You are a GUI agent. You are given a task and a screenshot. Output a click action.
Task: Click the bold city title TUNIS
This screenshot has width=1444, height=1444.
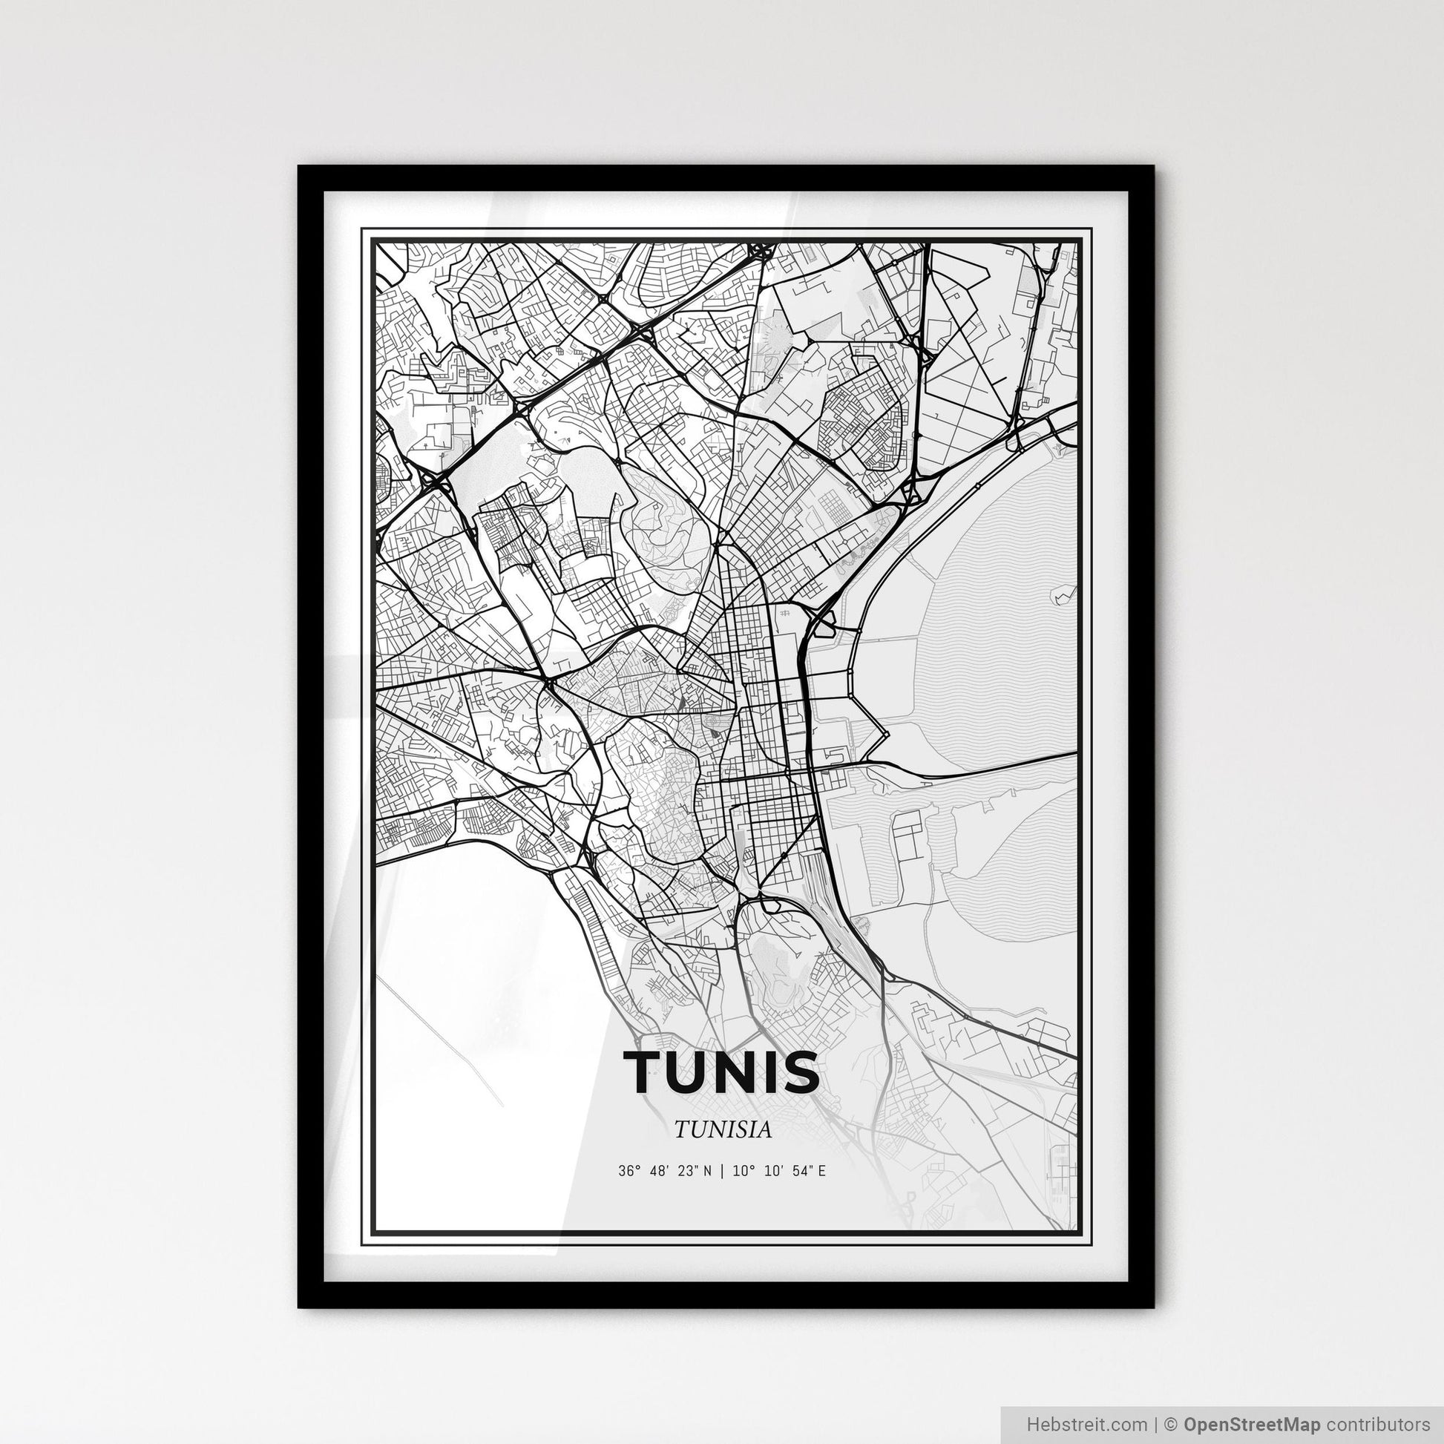tap(721, 1071)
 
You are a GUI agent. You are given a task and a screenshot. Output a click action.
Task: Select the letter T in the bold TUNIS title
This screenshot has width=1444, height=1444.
tap(640, 1071)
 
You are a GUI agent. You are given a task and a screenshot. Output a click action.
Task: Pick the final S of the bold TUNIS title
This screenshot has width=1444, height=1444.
tap(801, 1071)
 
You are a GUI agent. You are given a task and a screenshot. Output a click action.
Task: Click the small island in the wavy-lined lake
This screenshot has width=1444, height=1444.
tap(1060, 596)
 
